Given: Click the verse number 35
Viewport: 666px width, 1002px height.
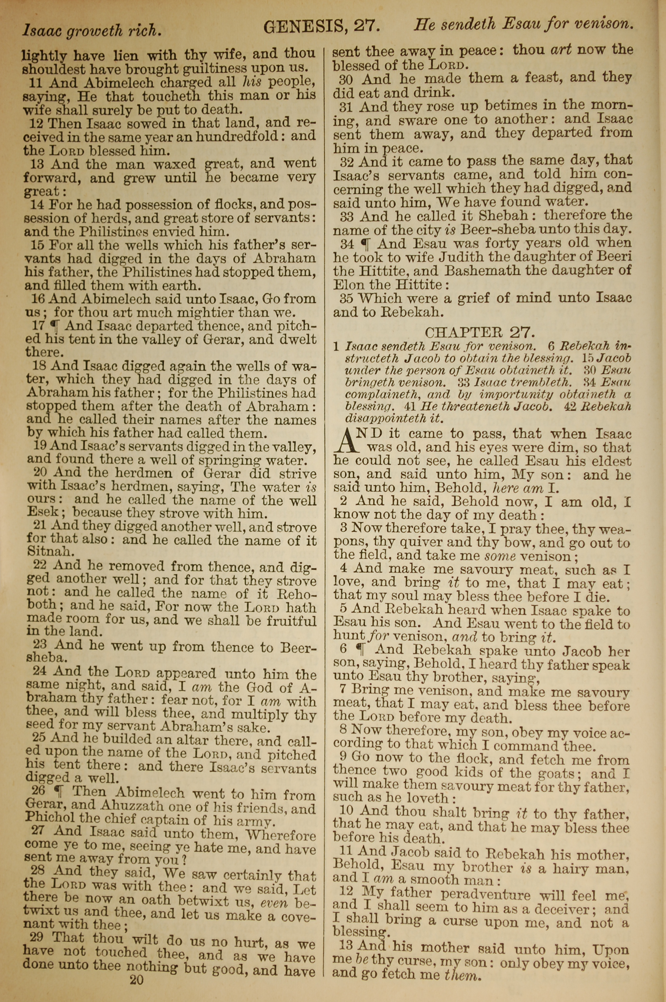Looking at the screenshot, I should click(x=346, y=298).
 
